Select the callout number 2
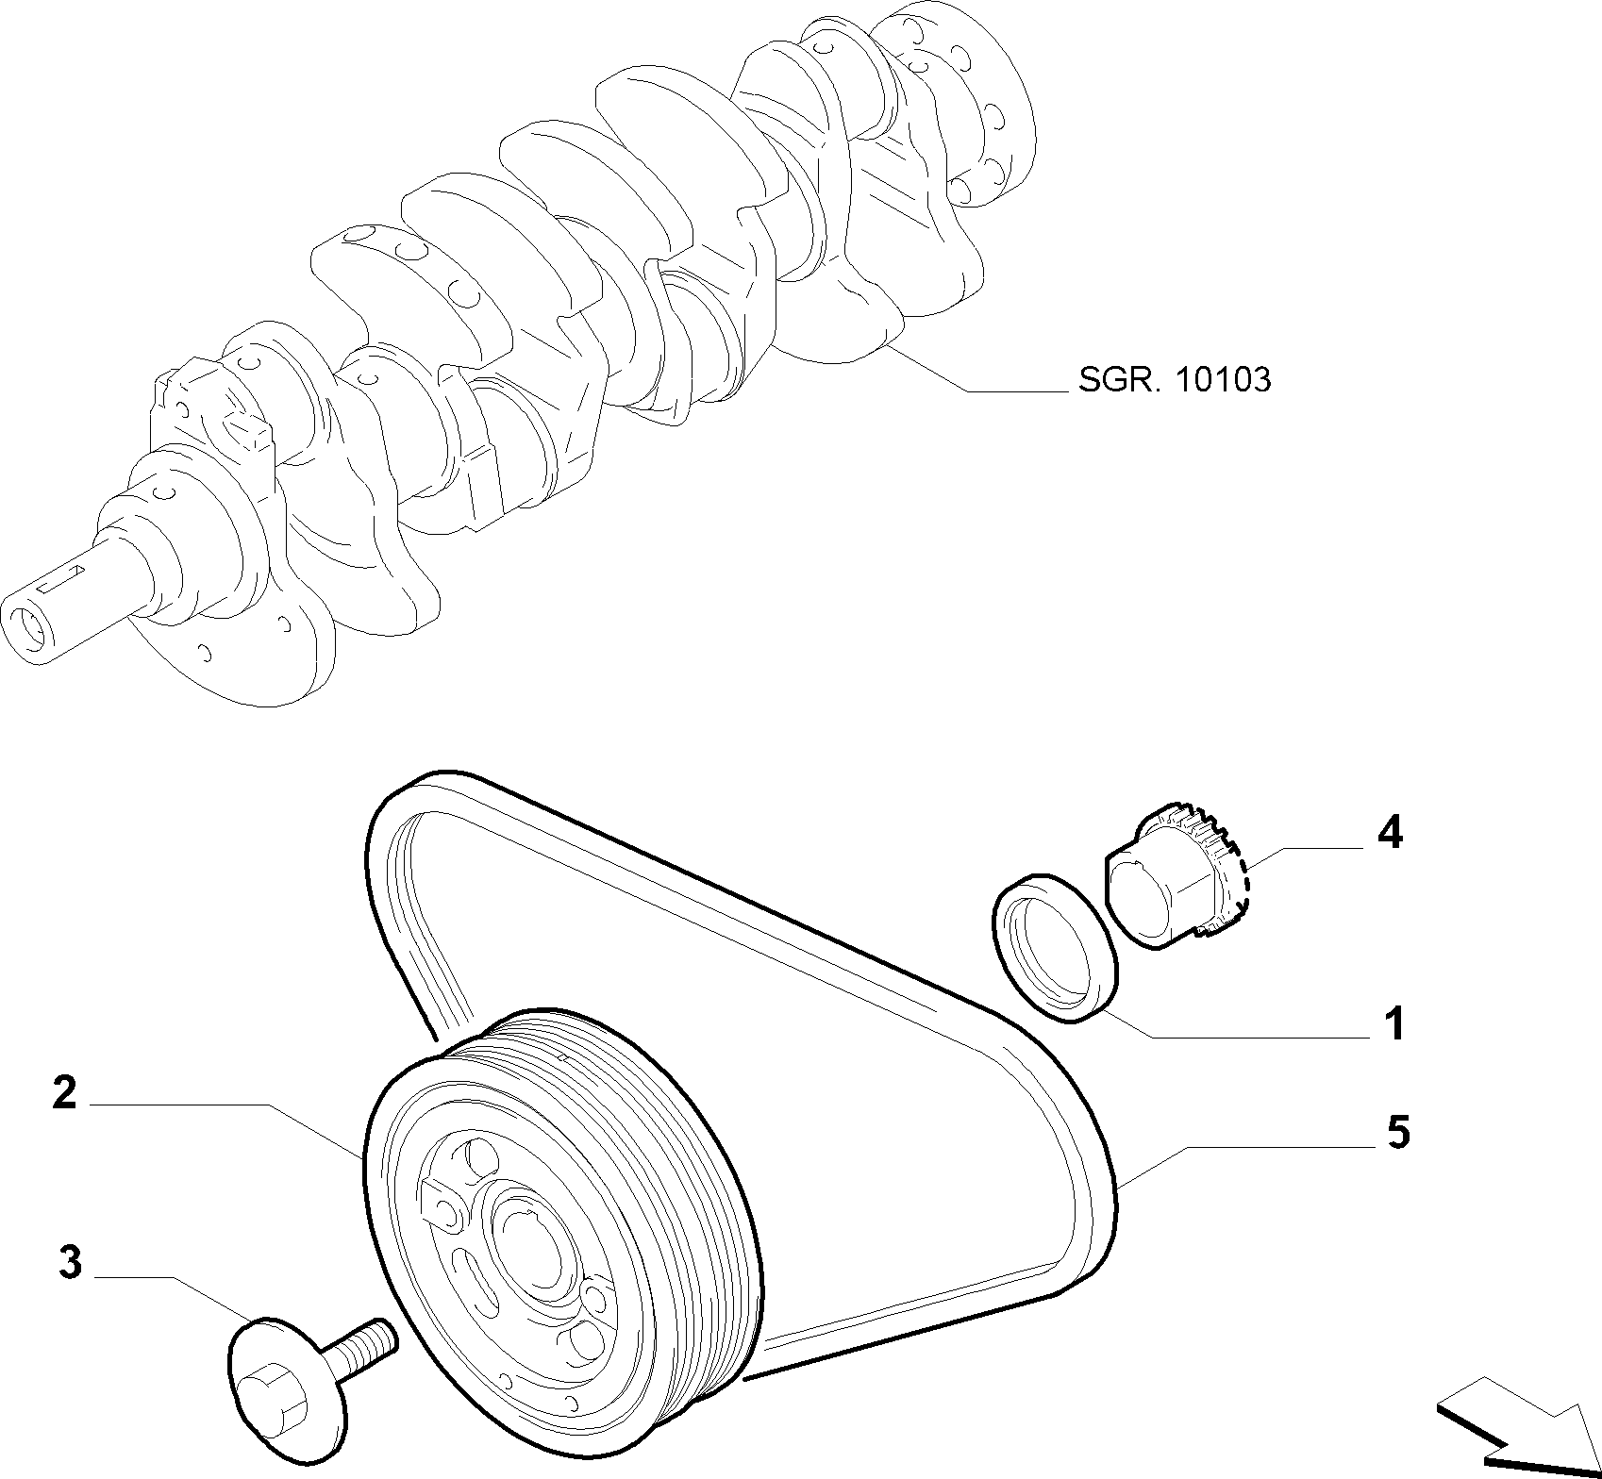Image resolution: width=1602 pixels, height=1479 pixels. [x=64, y=1092]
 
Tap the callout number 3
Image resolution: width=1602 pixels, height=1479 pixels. [x=70, y=1262]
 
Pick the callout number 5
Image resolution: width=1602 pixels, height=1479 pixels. [x=1397, y=1131]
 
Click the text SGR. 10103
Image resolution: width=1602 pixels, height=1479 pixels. [x=1174, y=380]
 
